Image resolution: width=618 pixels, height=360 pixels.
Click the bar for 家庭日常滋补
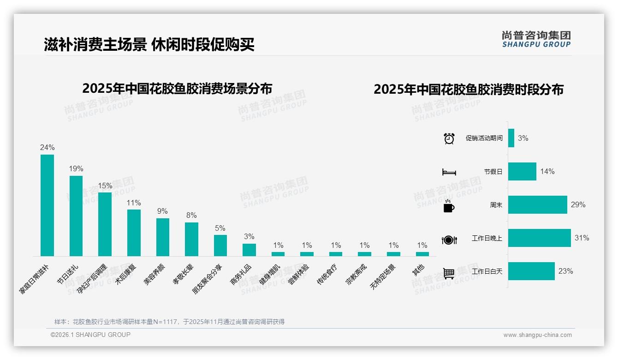[x=47, y=205]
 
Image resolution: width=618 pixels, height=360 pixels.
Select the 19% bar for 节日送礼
[x=76, y=216]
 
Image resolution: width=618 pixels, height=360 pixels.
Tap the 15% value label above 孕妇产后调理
[x=105, y=186]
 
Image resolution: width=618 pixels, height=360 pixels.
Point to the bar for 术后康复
[x=134, y=233]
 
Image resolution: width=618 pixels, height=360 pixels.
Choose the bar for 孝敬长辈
[x=191, y=239]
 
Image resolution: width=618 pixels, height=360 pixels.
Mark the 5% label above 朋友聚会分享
[x=220, y=228]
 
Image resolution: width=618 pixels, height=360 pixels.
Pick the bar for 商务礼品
[x=249, y=250]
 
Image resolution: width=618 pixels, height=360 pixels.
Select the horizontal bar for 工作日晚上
[x=539, y=238]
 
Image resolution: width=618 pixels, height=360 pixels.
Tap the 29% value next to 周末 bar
[x=578, y=204]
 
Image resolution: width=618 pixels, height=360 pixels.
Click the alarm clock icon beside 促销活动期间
[x=449, y=138]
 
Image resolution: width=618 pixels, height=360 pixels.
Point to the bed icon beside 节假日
[x=449, y=172]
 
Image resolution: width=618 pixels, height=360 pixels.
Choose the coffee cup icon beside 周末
[x=449, y=206]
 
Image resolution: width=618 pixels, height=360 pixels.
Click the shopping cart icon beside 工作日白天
[x=449, y=273]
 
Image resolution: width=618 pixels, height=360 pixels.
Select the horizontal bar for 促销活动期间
[x=511, y=138]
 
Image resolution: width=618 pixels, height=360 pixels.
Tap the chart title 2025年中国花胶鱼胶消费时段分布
[x=469, y=90]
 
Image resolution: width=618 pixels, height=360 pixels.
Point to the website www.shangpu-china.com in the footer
[x=537, y=335]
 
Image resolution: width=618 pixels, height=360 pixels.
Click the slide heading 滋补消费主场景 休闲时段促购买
[x=149, y=45]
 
